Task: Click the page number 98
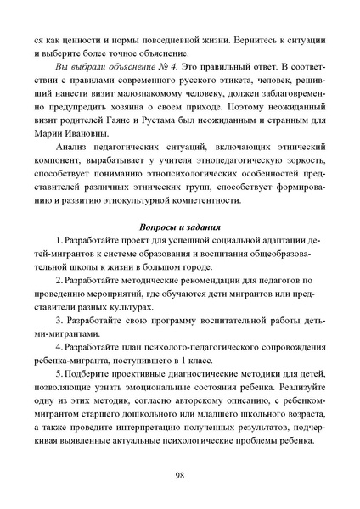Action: pyautogui.click(x=180, y=474)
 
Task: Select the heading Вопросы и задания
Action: pyautogui.click(x=180, y=227)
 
